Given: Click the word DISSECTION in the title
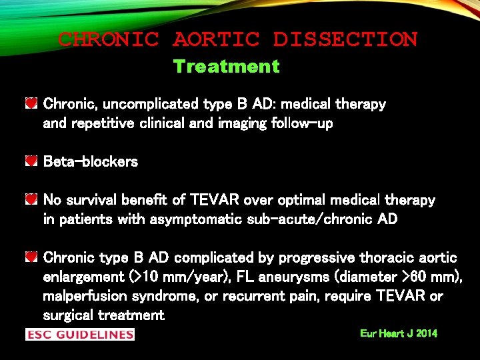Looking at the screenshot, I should click(345, 39).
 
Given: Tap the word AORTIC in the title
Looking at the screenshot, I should click(215, 39).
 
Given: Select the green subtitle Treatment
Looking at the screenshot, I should click(226, 67).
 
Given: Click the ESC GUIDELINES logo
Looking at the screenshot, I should click(80, 334).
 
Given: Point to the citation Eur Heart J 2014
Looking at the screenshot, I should click(399, 333).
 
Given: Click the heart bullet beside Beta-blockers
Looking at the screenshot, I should click(31, 161).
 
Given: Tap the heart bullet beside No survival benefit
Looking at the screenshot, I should click(31, 200).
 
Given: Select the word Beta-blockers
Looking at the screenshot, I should click(90, 162).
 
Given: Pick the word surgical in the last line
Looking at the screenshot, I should click(68, 315).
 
